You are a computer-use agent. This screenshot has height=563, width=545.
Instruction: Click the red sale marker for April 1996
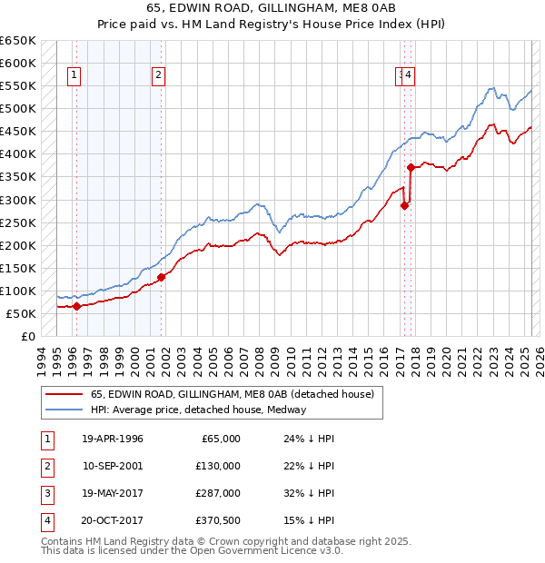tap(76, 306)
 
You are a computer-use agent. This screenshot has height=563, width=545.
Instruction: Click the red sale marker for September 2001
tap(161, 277)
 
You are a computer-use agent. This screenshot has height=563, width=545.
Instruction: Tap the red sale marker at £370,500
tap(411, 167)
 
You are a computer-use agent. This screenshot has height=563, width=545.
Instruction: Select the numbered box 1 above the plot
tap(74, 75)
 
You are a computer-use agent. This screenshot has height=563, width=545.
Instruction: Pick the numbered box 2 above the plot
tap(158, 75)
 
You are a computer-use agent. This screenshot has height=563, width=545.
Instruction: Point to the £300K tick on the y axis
tap(20, 200)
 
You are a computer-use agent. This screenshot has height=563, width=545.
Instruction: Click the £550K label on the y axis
tap(20, 86)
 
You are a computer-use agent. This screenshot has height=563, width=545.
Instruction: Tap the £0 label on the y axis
tap(27, 337)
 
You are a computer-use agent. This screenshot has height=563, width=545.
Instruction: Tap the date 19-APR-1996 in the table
tap(113, 439)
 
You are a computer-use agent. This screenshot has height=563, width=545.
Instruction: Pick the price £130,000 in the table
tap(219, 466)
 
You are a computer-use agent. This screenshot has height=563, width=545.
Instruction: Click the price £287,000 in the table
tap(219, 493)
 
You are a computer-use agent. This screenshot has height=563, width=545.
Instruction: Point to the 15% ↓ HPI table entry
tap(310, 520)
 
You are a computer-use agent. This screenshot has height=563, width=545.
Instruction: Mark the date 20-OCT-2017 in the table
tap(113, 520)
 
